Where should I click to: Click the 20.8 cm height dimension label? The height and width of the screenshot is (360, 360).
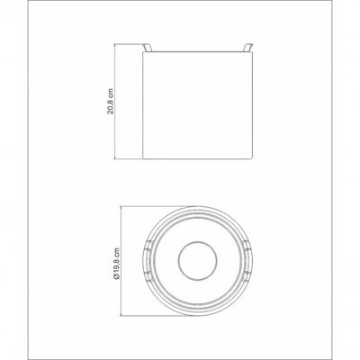[x=111, y=101]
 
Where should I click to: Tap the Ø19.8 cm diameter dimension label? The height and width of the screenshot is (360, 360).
[x=117, y=264]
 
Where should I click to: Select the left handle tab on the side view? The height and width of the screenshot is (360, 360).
[x=148, y=48]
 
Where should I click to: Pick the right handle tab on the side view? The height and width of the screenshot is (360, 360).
[x=248, y=48]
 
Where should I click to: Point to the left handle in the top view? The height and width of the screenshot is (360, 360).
[x=148, y=260]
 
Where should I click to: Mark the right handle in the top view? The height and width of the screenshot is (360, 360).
[x=247, y=260]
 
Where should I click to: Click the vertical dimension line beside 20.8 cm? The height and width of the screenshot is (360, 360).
[x=115, y=102]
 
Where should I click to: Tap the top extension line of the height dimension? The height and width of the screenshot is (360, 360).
[x=130, y=44]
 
